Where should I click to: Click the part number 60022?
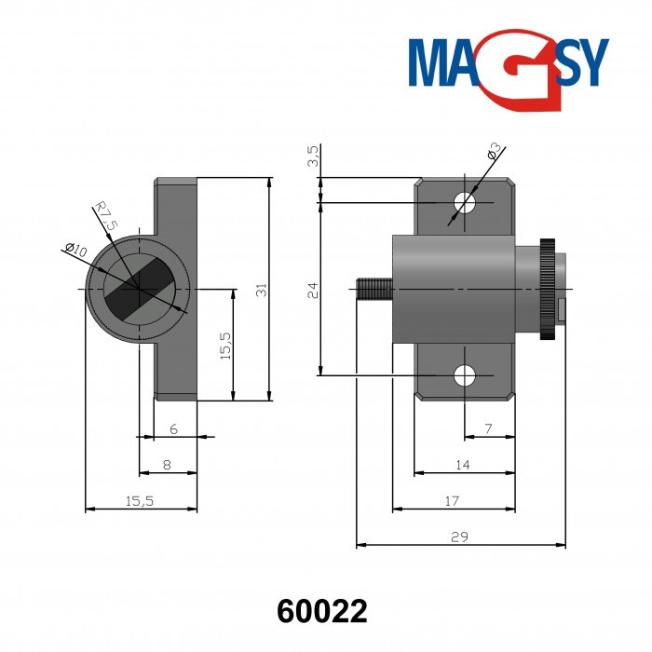[322, 611]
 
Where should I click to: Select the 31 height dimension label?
[263, 290]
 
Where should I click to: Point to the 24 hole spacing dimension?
[313, 289]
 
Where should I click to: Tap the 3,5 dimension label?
[313, 156]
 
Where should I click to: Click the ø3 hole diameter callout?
[495, 151]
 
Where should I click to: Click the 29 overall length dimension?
[460, 537]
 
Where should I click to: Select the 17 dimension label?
[452, 501]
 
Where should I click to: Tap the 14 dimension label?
[463, 465]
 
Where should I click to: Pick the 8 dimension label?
[167, 464]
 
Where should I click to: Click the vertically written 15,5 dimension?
[225, 345]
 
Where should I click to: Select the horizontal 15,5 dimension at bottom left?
[139, 501]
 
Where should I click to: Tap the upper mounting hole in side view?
[464, 202]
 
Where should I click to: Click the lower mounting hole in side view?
[464, 375]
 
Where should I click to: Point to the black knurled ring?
[547, 289]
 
